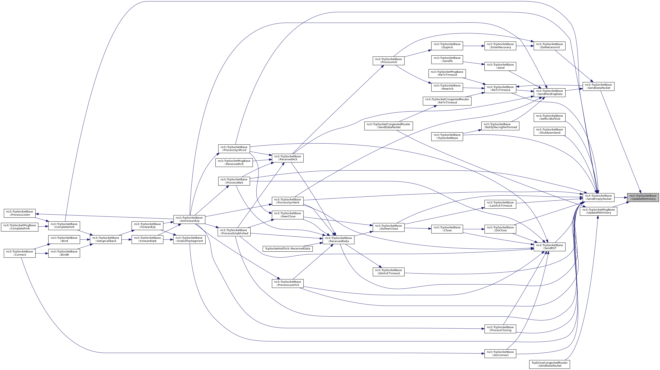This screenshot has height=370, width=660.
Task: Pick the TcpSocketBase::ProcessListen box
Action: pyautogui.click(x=19, y=213)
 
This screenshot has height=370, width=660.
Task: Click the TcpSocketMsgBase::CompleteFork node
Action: pyautogui.click(x=19, y=227)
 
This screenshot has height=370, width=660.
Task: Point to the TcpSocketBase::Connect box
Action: pyautogui.click(x=19, y=253)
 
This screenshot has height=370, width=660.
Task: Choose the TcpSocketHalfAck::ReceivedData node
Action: pyautogui.click(x=287, y=248)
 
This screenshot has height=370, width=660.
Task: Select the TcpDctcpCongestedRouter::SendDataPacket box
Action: pyautogui.click(x=549, y=364)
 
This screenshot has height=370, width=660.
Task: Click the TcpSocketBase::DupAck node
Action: pyautogui.click(x=447, y=46)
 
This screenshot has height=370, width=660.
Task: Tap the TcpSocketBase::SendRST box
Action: pyautogui.click(x=549, y=247)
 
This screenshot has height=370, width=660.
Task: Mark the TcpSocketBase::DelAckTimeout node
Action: pyautogui.click(x=388, y=272)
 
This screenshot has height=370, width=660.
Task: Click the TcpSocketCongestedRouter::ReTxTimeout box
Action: pyautogui.click(x=447, y=101)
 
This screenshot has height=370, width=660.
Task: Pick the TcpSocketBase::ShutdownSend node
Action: pyautogui.click(x=549, y=131)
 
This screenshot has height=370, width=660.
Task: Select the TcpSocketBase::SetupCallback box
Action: pyautogui.click(x=106, y=239)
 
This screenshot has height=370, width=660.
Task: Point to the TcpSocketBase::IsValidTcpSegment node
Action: pyautogui.click(x=189, y=239)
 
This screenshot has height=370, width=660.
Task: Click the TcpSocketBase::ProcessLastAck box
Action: pyautogui.click(x=287, y=283)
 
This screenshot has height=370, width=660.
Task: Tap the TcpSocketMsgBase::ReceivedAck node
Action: pyautogui.click(x=234, y=162)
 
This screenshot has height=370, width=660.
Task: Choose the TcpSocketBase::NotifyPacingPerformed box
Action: pyautogui.click(x=500, y=126)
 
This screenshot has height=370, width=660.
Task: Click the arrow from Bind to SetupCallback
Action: pyautogui.click(x=85, y=239)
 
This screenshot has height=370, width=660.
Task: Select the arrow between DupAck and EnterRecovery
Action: pyautogui.click(x=473, y=46)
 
